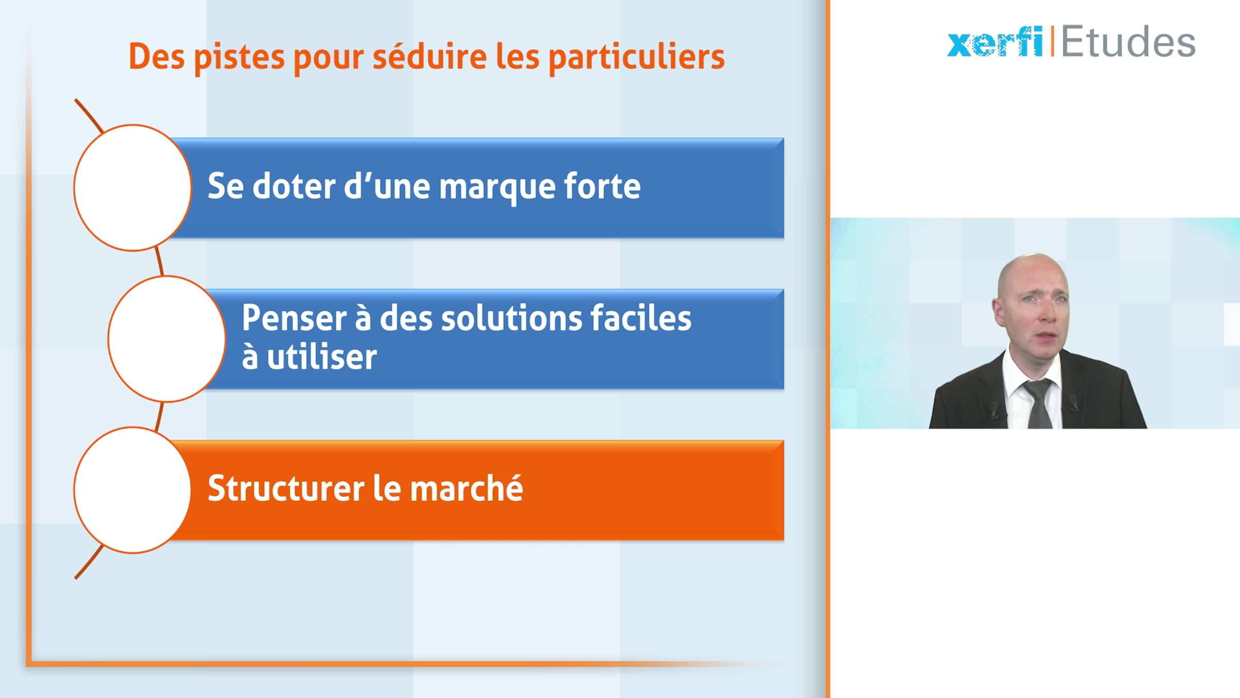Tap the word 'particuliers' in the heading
pos(637,58)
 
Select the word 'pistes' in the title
pos(239,58)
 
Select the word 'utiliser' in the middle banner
pos(322,357)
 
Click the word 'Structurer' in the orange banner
pos(286,488)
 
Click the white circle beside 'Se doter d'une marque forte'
pos(133,188)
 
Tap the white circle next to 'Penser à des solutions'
pos(167,339)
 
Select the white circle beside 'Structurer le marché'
pos(133,490)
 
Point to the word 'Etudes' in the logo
pos(1128,41)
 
